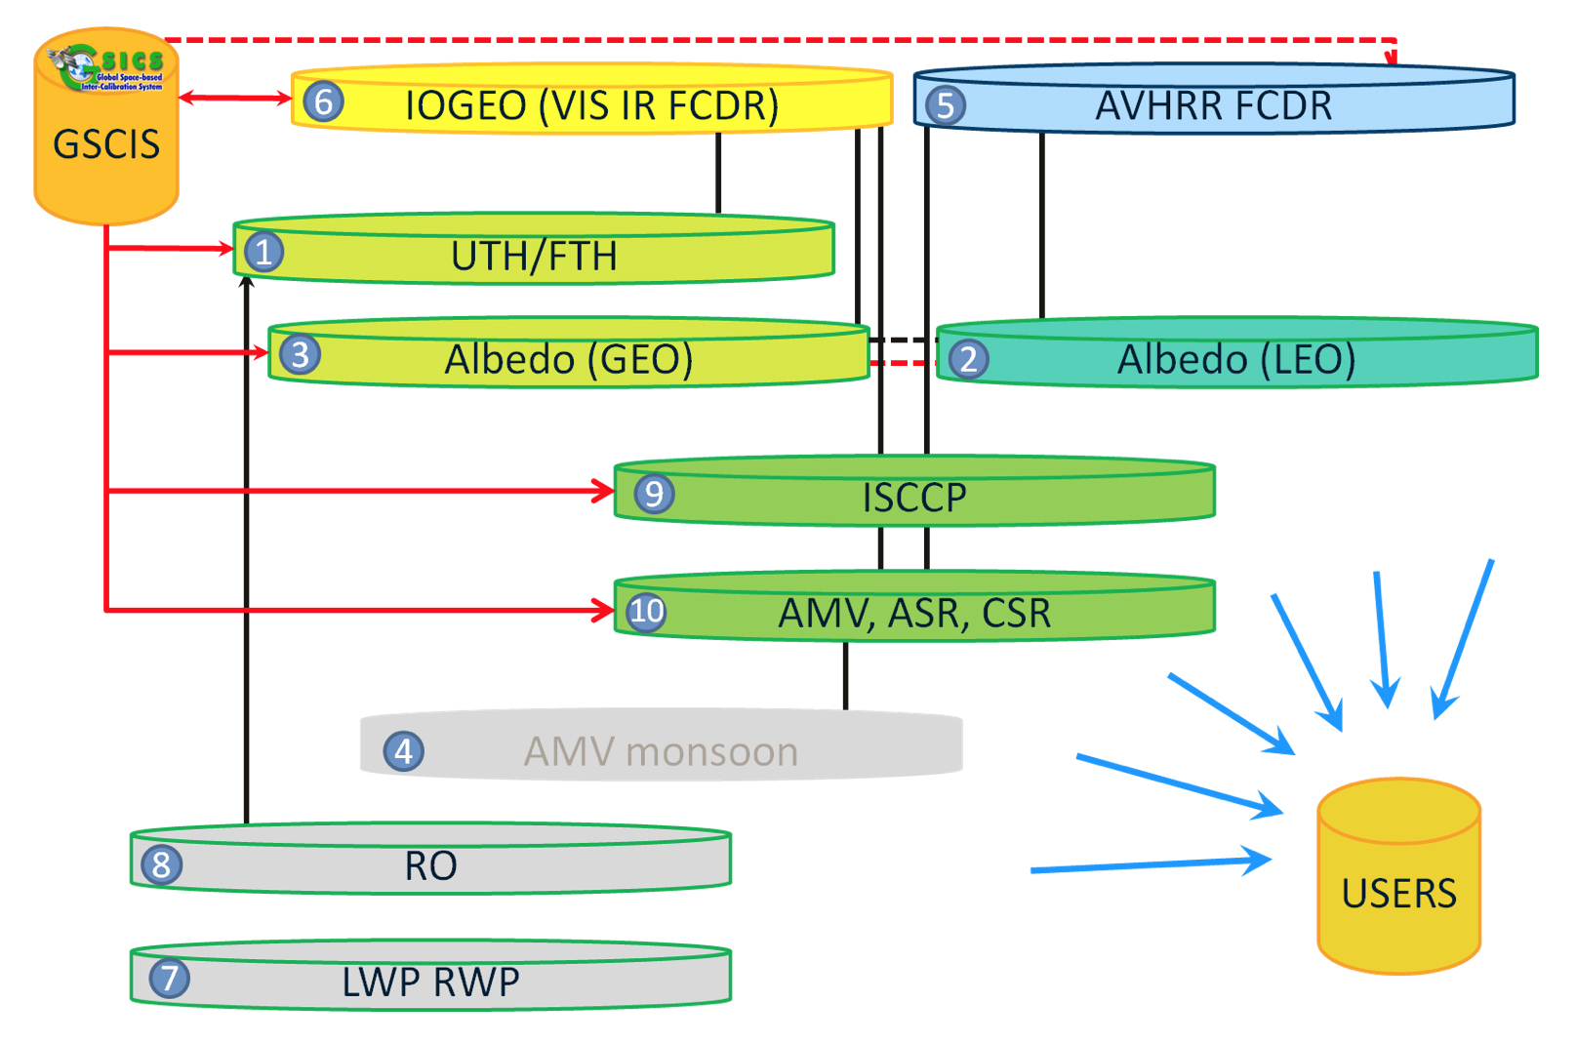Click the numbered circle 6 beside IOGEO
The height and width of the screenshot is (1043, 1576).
click(323, 101)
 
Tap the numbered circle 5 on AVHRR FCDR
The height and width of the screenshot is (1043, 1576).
click(945, 105)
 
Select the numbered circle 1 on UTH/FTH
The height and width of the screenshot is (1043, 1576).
click(263, 252)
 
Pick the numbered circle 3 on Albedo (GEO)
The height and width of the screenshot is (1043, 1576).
click(300, 354)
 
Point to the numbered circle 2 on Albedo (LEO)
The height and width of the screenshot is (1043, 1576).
click(968, 359)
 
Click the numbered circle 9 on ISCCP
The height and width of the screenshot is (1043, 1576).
click(654, 494)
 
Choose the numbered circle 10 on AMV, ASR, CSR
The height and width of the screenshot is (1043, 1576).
click(646, 613)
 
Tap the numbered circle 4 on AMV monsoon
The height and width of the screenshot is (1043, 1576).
click(403, 751)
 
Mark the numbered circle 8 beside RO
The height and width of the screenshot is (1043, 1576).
click(161, 864)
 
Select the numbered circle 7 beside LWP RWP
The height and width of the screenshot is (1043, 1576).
click(169, 978)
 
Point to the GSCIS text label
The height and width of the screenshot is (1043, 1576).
click(106, 144)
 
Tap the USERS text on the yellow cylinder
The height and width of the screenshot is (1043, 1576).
click(1398, 894)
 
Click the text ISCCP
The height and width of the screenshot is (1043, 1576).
click(914, 499)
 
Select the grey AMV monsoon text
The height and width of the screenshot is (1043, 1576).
click(661, 752)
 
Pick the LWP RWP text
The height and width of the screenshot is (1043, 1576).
click(430, 982)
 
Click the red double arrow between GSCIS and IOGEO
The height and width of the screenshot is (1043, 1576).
click(235, 98)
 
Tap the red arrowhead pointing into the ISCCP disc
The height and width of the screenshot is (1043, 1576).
click(603, 491)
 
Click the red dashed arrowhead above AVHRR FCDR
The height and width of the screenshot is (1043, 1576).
click(1392, 59)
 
